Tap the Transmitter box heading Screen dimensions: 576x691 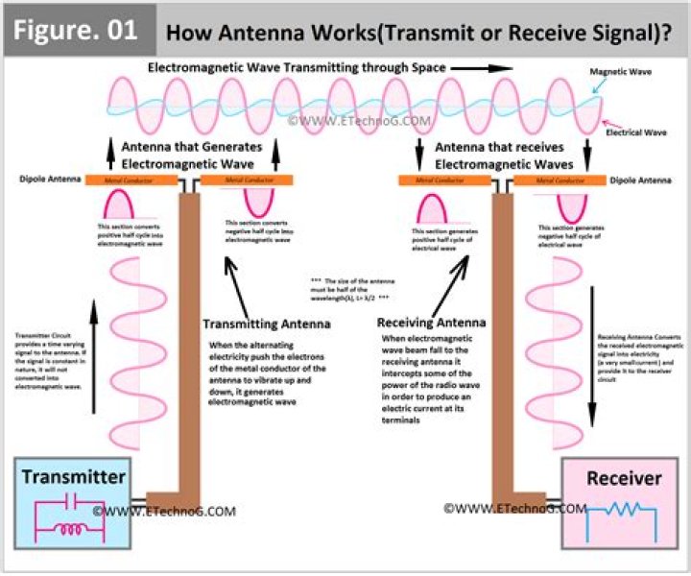(73, 477)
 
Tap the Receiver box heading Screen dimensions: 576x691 (624, 477)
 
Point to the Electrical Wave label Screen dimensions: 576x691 (640, 132)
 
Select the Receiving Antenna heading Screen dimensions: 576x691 (432, 323)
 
